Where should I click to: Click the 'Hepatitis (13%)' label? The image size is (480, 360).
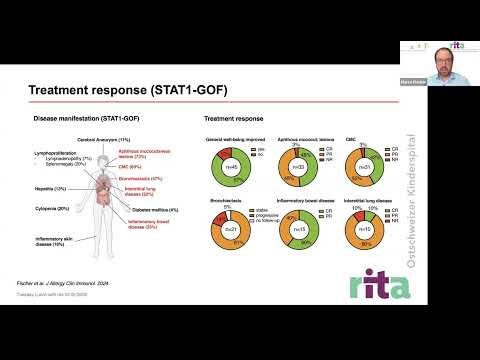tap(47, 187)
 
